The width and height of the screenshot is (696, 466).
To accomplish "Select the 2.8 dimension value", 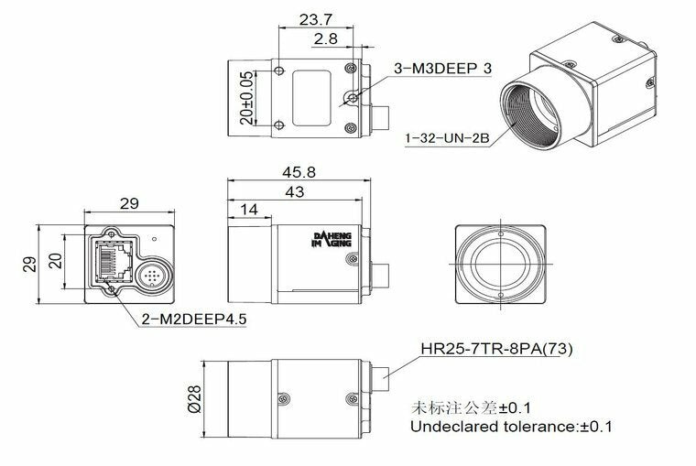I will click(x=328, y=39).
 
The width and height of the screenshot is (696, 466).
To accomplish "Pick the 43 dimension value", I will click(x=294, y=192).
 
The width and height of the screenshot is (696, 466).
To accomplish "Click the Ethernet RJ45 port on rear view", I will click(x=113, y=260).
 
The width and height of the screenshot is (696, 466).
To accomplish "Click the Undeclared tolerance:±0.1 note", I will click(x=511, y=427).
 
